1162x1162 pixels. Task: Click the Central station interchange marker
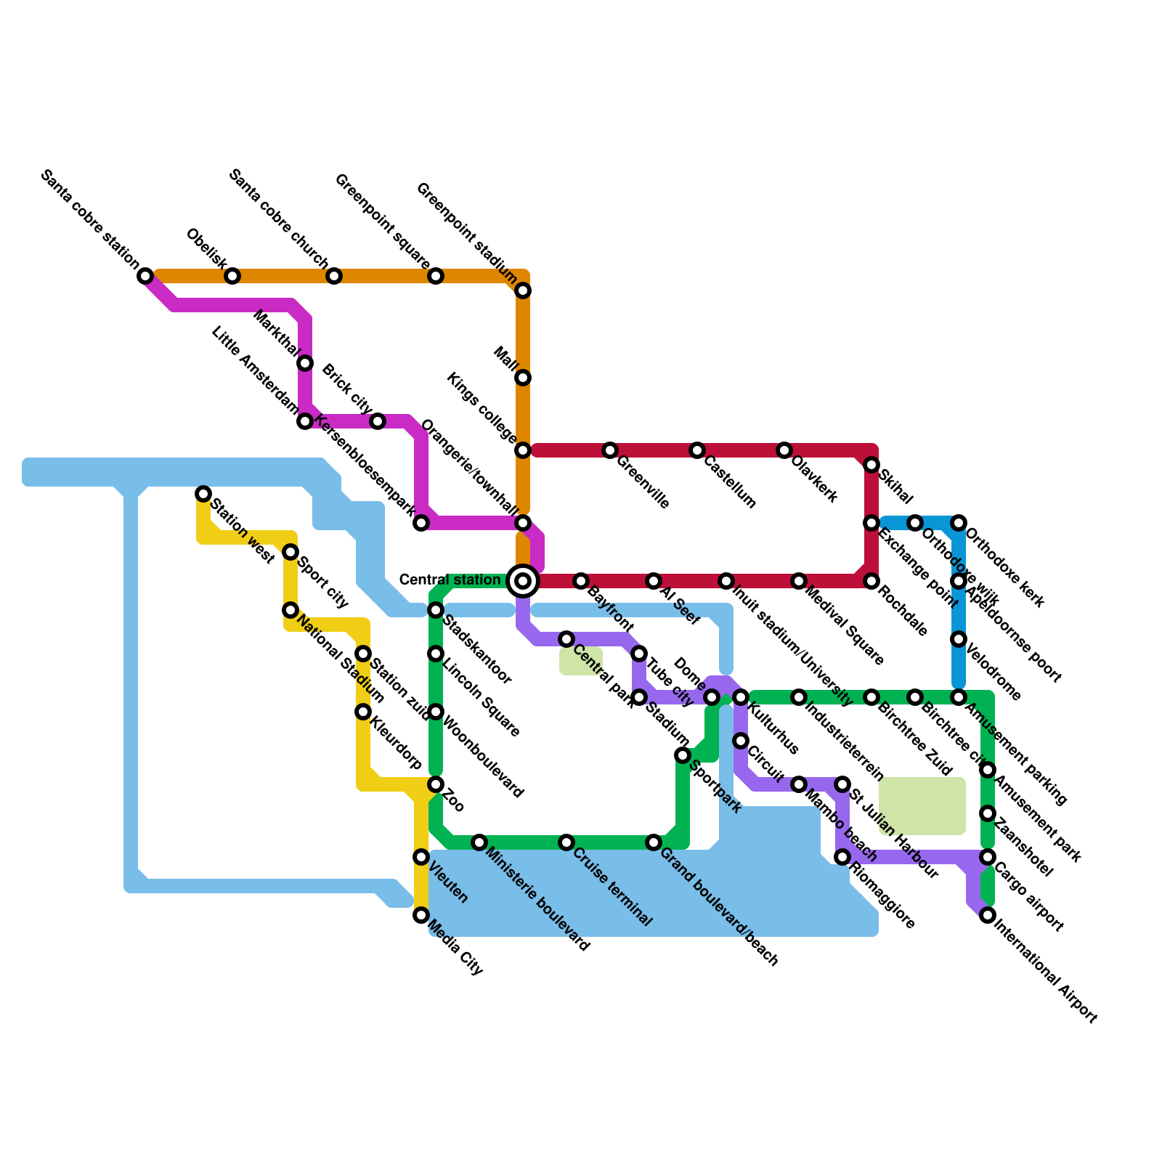523,581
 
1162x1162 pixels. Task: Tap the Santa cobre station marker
146,276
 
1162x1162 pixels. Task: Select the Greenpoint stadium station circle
523,290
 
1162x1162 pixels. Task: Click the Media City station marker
421,915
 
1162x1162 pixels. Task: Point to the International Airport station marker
988,915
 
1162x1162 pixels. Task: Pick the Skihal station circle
871,465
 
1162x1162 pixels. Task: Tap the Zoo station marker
436,784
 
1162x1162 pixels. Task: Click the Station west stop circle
204,494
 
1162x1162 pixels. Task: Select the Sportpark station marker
683,755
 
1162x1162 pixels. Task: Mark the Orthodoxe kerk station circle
959,523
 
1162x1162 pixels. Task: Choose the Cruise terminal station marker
566,842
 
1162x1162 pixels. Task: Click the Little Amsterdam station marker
306,421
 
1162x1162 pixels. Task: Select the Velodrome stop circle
959,639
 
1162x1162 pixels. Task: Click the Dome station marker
712,697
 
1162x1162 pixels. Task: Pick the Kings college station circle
523,450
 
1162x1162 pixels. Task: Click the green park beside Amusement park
922,806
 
